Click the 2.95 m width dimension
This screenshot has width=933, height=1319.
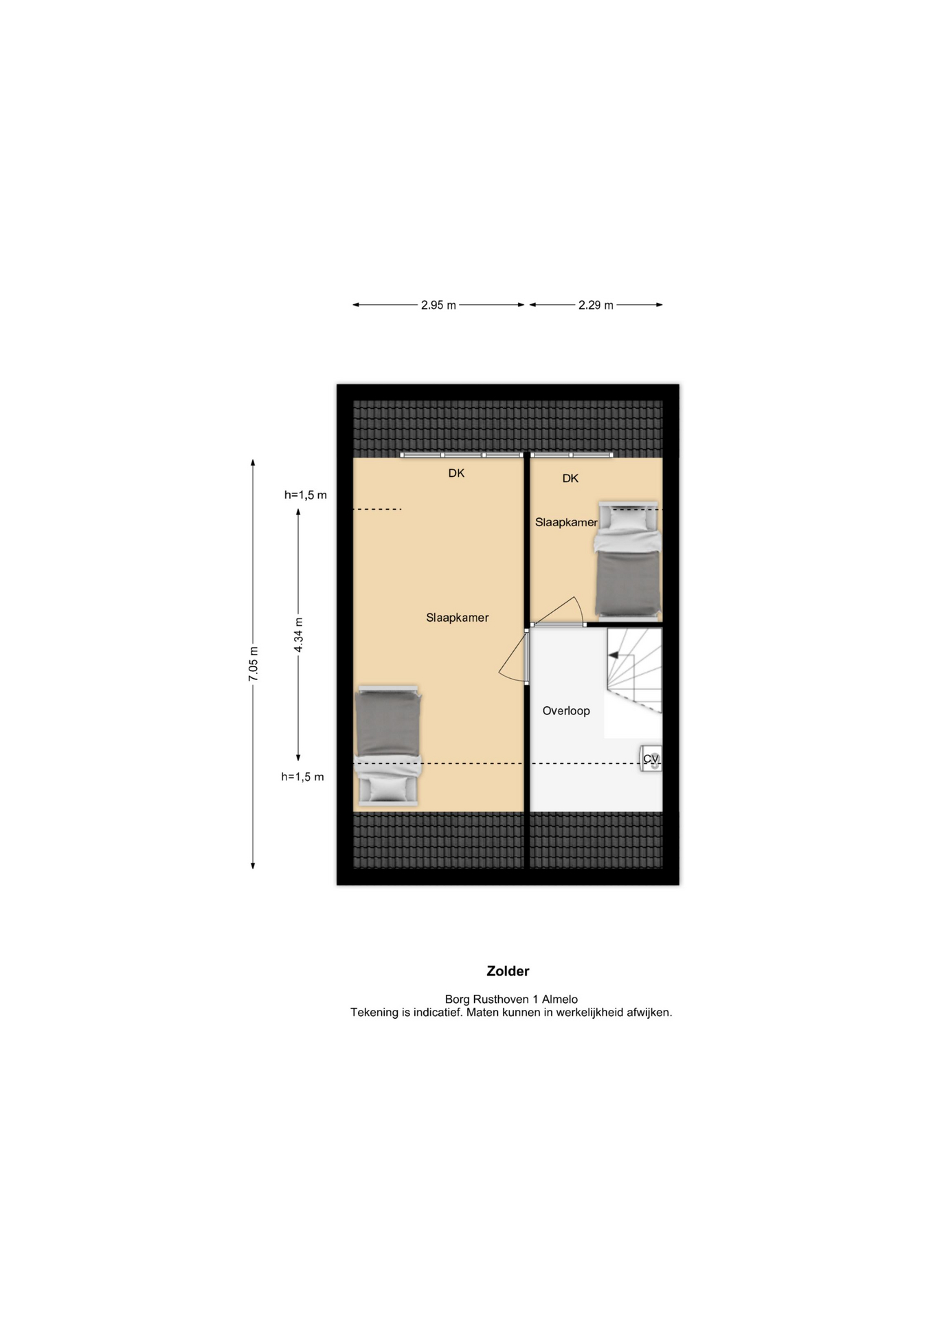tap(438, 305)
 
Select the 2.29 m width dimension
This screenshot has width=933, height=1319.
tap(596, 305)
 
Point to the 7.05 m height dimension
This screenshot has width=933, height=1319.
tap(253, 664)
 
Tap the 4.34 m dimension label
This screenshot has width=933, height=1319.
tap(298, 635)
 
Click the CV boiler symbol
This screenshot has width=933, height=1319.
tap(651, 759)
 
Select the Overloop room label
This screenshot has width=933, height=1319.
tap(566, 711)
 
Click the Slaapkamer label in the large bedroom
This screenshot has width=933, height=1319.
tap(458, 618)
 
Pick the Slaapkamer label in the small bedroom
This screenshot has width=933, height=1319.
tap(566, 522)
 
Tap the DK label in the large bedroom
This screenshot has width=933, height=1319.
tap(456, 473)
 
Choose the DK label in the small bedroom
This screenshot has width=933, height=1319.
tap(570, 478)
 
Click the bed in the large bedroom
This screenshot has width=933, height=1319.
tap(387, 745)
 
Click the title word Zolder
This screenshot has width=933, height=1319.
tap(508, 971)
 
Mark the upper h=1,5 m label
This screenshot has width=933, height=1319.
tap(306, 495)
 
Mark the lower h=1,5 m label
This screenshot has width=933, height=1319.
tap(302, 777)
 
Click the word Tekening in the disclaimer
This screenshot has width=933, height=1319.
tap(374, 1013)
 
